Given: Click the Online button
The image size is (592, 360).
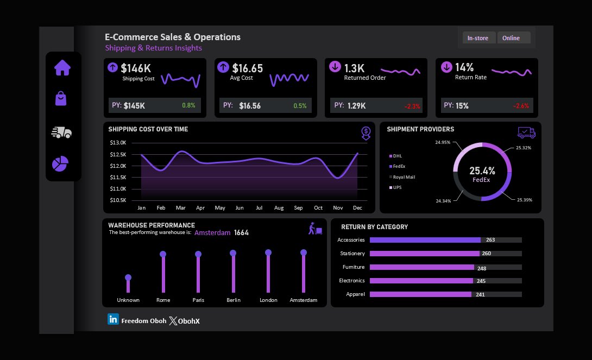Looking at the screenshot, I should pos(511,38).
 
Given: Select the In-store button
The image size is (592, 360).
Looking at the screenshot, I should pos(478,38).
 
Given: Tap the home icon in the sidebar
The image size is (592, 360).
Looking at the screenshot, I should pos(62,68).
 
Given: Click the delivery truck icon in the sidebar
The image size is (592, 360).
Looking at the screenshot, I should pos(61,132).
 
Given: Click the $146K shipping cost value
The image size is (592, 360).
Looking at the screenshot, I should pos(136,68).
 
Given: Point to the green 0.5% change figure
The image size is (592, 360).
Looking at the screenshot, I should pos(300,106).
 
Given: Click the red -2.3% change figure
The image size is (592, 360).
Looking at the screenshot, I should pos(412,106).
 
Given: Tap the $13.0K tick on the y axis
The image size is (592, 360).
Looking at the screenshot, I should pos(118,143).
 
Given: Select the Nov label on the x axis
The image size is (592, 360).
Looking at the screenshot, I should pos(338,208).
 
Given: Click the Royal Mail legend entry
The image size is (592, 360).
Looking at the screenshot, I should pos(404,177).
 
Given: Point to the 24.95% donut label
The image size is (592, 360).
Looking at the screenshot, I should pos(443,142).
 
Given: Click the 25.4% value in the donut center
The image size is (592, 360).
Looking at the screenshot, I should pos(482,170).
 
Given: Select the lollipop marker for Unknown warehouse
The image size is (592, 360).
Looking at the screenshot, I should pos(128,277).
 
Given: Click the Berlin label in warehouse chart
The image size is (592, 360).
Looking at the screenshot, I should pos(234,300).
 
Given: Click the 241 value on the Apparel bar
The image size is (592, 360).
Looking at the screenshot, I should pos(480,294).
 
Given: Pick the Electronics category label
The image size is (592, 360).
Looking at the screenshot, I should pos(352,281).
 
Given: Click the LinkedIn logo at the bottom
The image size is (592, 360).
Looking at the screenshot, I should pos(113,320).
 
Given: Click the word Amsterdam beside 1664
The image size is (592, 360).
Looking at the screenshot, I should pos(212,232).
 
